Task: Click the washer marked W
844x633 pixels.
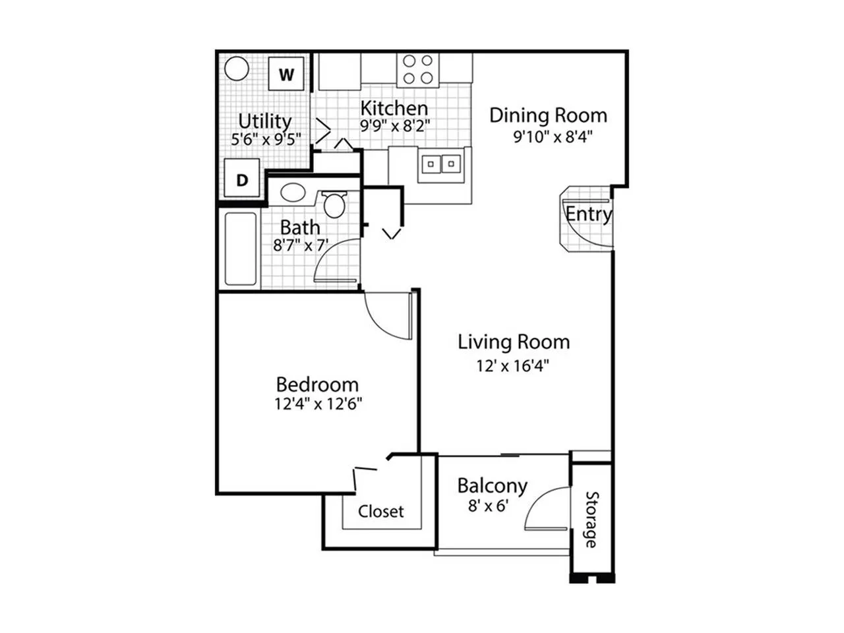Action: click(x=286, y=73)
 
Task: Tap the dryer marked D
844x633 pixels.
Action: click(x=242, y=178)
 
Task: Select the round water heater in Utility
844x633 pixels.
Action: click(x=237, y=69)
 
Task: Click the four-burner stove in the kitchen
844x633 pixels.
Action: click(x=417, y=69)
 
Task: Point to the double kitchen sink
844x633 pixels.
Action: click(x=440, y=164)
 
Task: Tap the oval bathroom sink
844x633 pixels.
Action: click(x=293, y=192)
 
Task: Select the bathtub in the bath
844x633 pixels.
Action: click(x=241, y=249)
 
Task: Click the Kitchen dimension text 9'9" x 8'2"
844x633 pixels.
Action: click(x=395, y=125)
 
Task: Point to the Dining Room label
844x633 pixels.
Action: click(x=548, y=115)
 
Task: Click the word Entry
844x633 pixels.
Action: click(x=589, y=214)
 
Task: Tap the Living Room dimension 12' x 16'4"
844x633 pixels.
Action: click(x=513, y=365)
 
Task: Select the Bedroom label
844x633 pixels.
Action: click(x=317, y=384)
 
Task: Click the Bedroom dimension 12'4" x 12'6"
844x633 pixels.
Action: click(x=318, y=404)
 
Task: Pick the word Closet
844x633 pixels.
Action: click(x=380, y=512)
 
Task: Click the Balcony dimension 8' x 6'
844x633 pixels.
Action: click(x=489, y=506)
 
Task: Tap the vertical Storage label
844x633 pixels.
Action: click(x=591, y=520)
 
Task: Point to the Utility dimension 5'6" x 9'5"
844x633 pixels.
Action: click(x=266, y=138)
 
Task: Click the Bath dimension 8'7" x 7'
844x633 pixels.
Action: click(x=301, y=245)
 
